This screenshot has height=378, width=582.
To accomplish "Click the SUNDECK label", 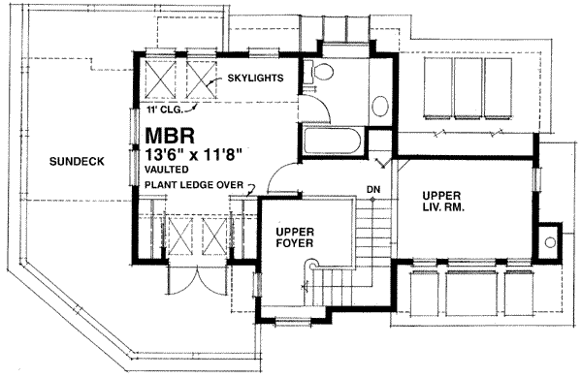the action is [x=77, y=161].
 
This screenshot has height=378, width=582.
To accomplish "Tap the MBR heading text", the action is [x=170, y=136].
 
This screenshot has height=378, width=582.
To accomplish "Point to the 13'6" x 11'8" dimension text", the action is [x=194, y=153].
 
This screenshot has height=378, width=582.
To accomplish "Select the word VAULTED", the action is [x=166, y=170].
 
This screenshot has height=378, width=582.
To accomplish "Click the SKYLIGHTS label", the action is [x=255, y=78].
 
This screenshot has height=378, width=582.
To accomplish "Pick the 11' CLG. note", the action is [x=164, y=110].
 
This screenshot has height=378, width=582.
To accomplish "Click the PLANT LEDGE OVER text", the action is [x=194, y=185].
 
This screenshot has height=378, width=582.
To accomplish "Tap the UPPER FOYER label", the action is [x=295, y=237].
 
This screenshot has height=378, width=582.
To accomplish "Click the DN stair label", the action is [x=373, y=190].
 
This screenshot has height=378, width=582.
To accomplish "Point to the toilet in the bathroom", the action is [x=319, y=72].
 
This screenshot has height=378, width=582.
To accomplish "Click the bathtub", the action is [x=332, y=141].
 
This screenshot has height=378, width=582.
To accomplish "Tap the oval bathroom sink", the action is [x=380, y=107].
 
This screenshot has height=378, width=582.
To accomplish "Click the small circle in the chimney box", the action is [x=550, y=242].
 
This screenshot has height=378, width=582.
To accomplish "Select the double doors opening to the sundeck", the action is [x=197, y=278].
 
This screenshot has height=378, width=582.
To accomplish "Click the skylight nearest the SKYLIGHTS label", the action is [x=201, y=79].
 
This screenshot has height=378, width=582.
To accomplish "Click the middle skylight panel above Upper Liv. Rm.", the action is [x=469, y=88].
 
